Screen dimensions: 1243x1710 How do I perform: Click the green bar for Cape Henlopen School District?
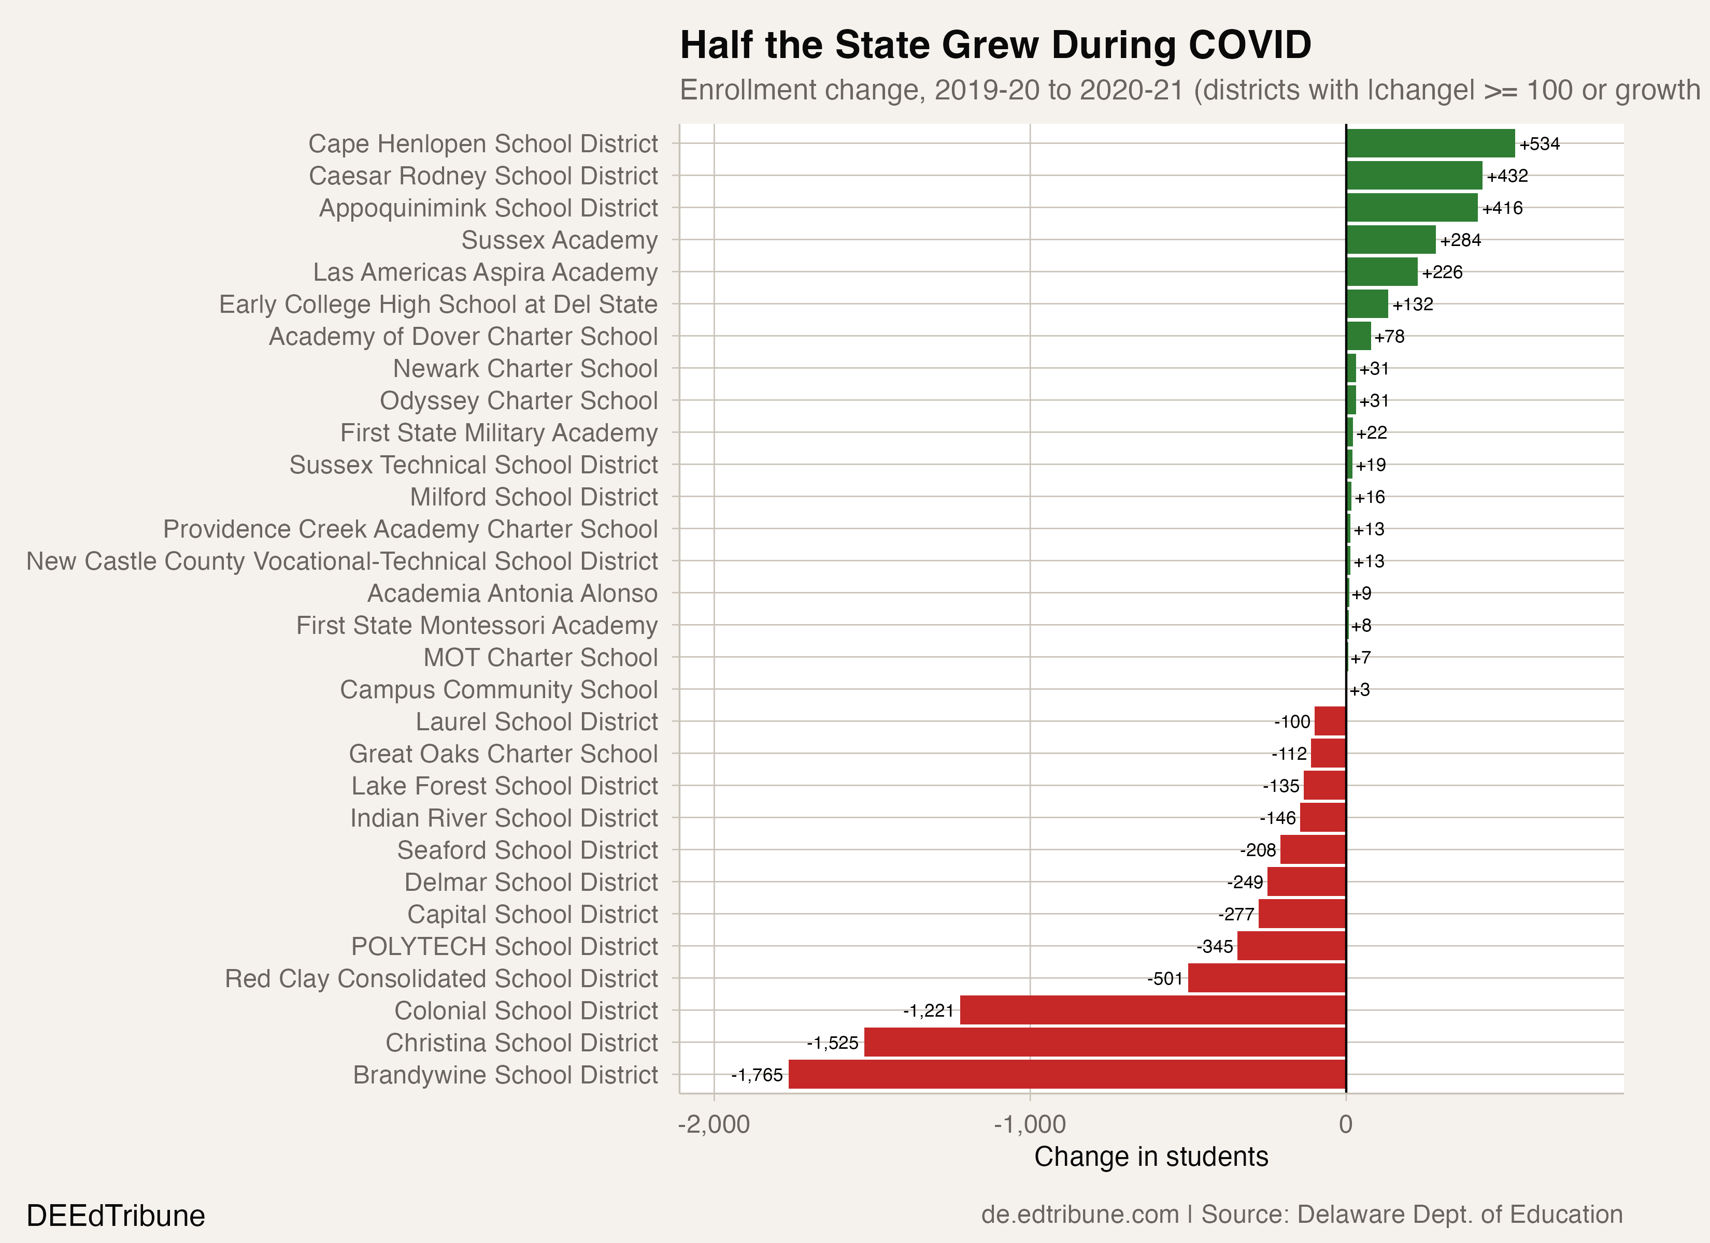1430,143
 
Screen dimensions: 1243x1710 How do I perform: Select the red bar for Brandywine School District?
1067,1074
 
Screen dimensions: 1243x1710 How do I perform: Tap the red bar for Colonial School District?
1153,1010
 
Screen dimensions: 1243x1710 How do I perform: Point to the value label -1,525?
832,1043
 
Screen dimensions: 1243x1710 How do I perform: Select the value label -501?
1165,978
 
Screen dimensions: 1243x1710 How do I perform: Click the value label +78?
1389,336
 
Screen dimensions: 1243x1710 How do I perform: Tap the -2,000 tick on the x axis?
713,1124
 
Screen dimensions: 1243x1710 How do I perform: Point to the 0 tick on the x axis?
1346,1124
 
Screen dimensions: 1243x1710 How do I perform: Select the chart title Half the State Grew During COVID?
995,45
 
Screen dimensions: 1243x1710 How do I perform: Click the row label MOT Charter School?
540,657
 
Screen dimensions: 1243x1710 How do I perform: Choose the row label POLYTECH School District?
504,946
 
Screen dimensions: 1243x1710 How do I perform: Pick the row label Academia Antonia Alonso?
512,593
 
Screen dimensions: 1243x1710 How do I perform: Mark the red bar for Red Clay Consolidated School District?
1266,978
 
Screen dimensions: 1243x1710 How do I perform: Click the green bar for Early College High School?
1367,304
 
